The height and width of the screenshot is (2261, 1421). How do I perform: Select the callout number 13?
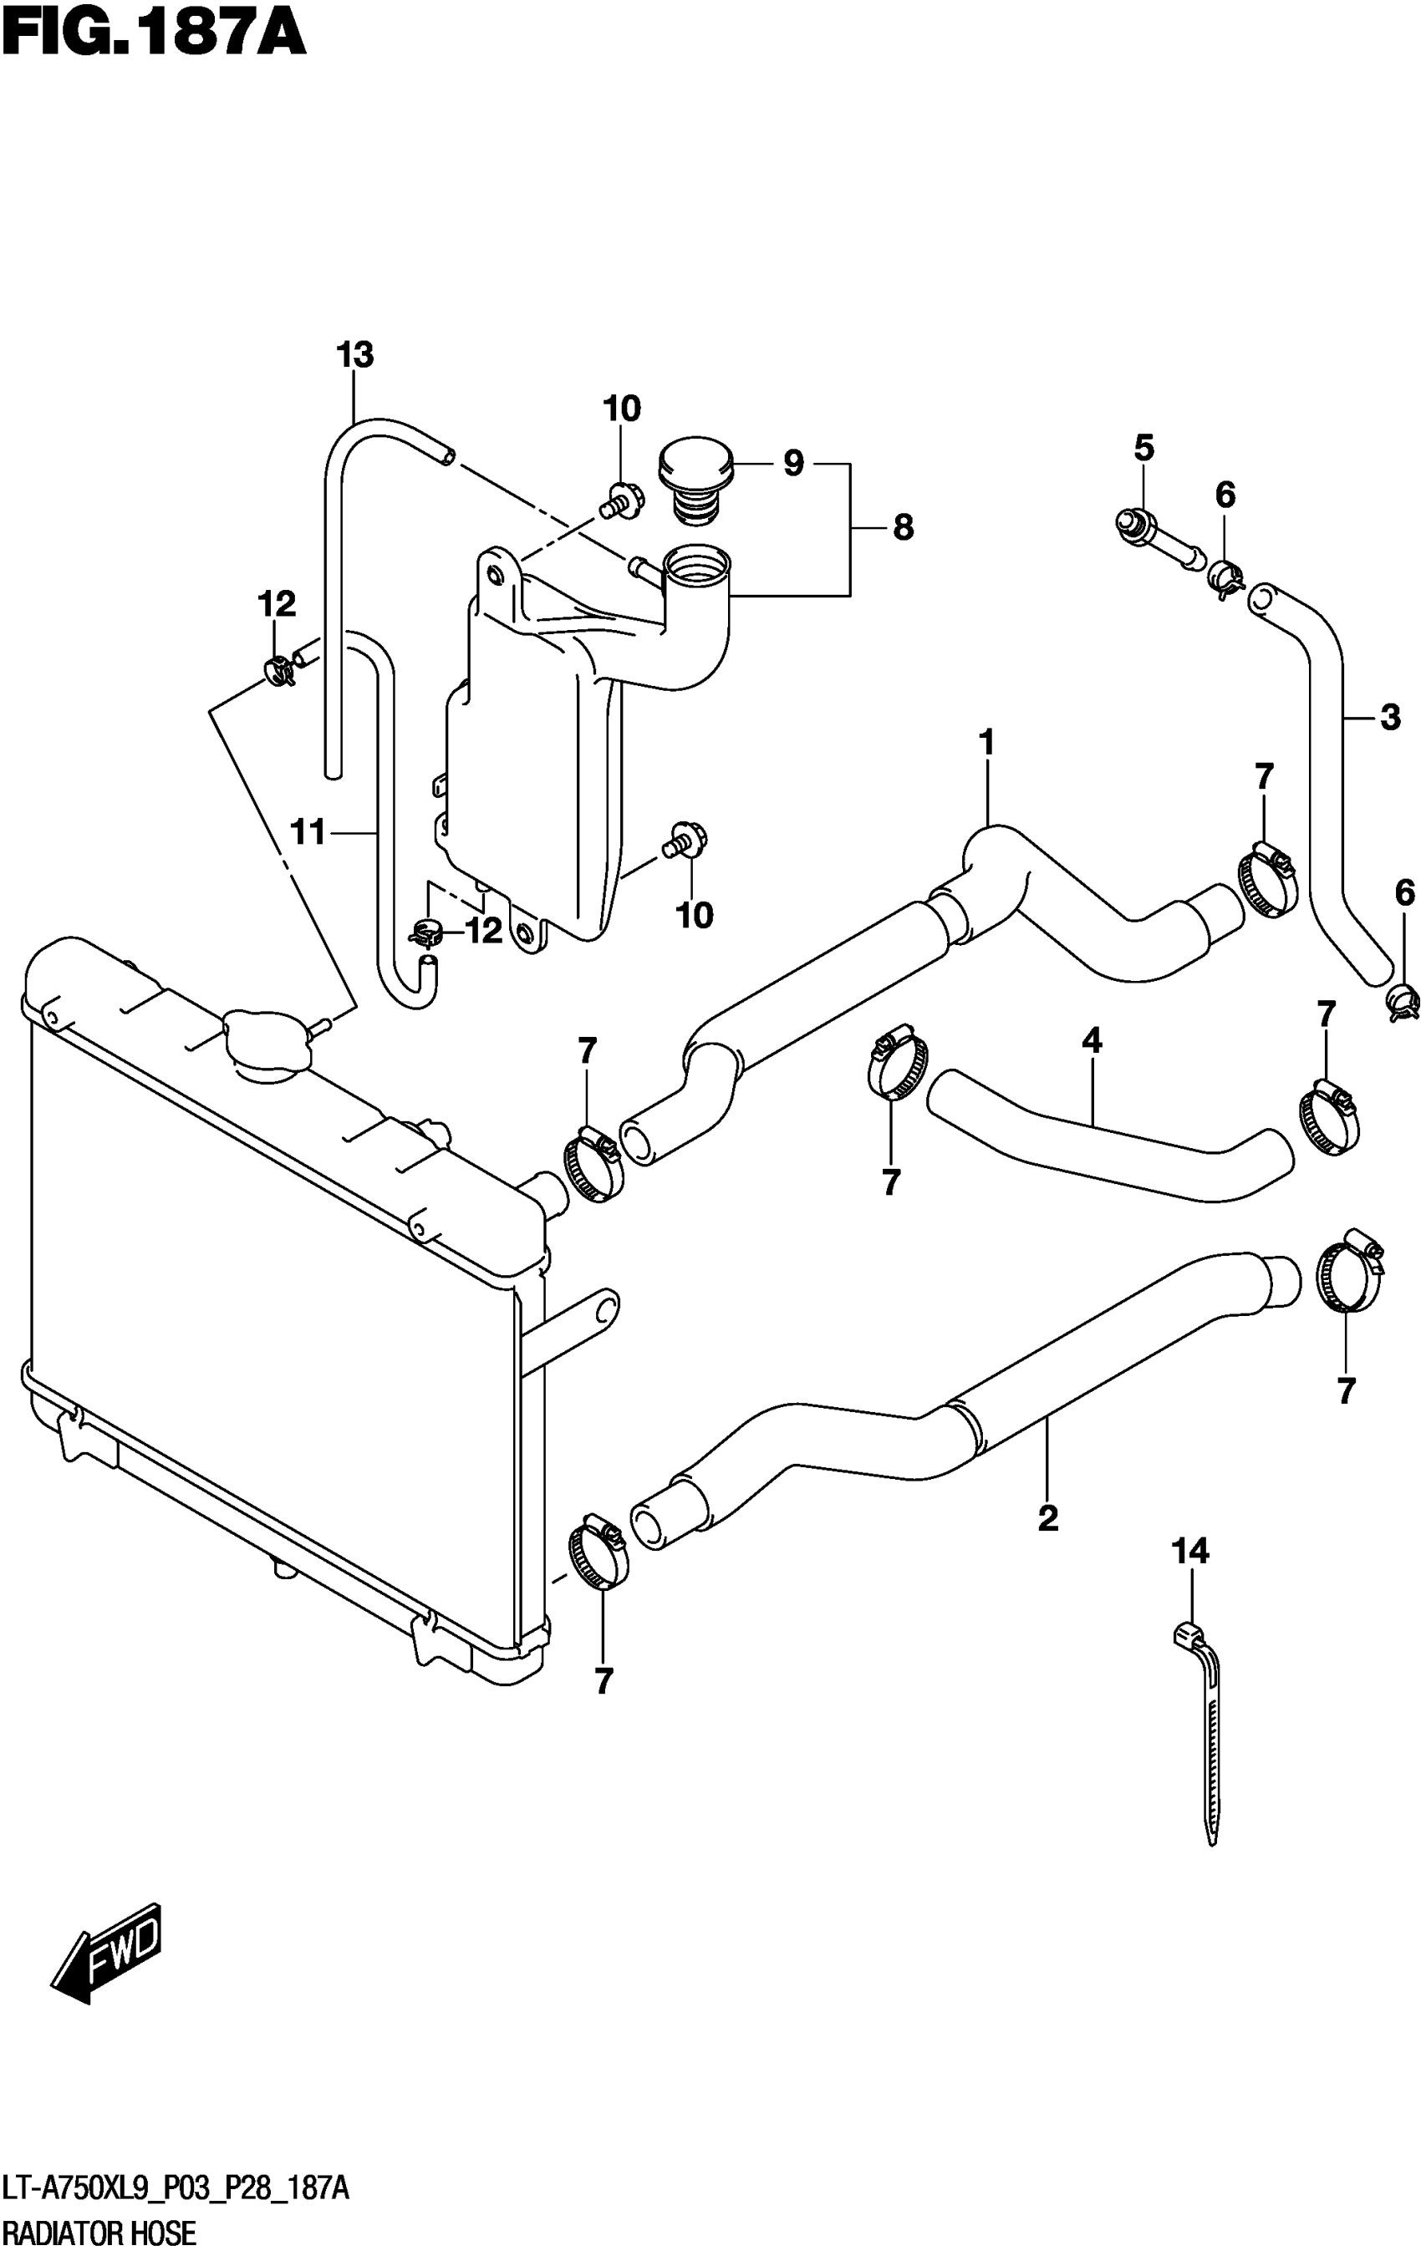(355, 355)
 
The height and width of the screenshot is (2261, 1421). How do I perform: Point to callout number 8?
(903, 528)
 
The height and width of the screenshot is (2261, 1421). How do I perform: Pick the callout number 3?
(1390, 718)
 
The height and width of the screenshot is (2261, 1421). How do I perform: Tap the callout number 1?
(986, 743)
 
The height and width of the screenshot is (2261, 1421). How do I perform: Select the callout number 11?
(308, 832)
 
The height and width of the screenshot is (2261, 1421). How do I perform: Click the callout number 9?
(793, 463)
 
